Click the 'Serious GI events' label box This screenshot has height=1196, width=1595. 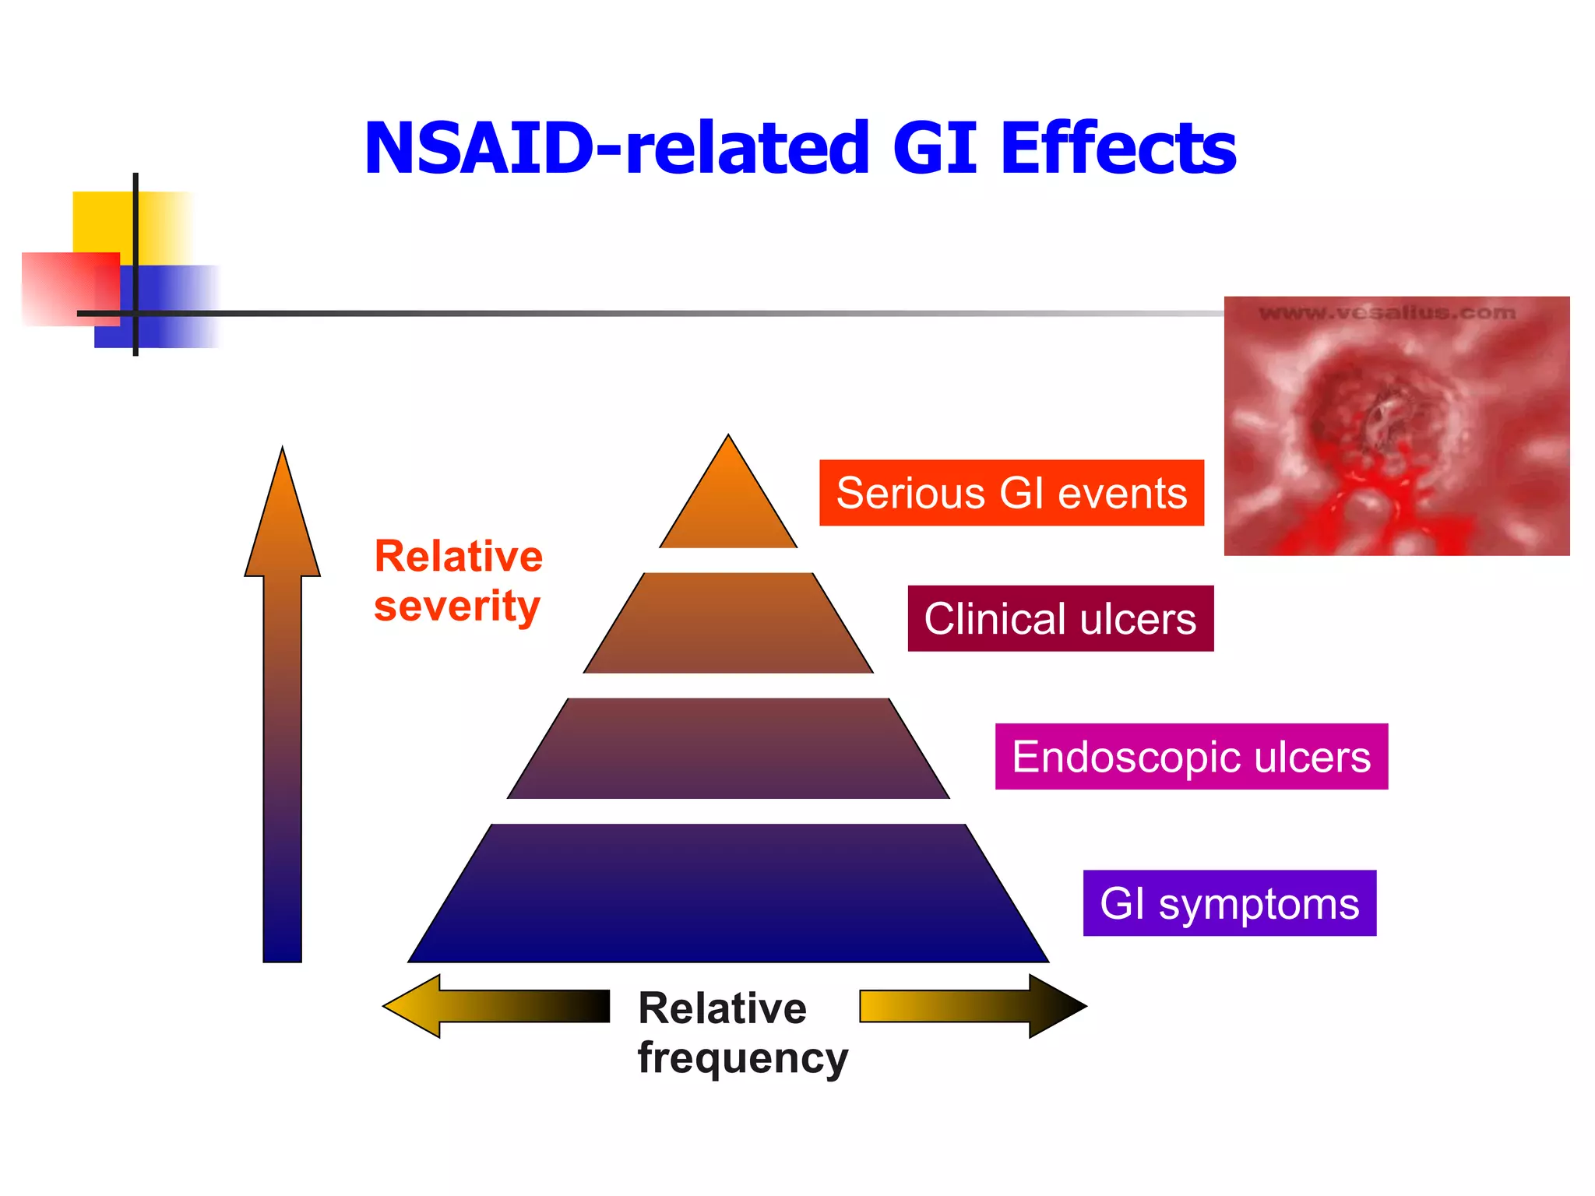coord(1011,493)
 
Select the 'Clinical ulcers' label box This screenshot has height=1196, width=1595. coord(1060,619)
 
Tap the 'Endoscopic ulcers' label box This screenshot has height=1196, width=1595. coord(1191,757)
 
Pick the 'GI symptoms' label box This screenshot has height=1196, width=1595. coord(1229,903)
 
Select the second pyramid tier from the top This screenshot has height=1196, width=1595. coord(728,624)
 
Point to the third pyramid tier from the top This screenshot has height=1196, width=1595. coord(728,748)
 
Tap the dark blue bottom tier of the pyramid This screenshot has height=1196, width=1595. coord(728,895)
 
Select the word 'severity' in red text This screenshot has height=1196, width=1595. coord(456,607)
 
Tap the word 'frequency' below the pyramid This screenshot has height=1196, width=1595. coord(742,1059)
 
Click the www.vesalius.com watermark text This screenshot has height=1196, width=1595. coord(1387,313)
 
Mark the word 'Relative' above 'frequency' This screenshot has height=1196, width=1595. coord(722,1008)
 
